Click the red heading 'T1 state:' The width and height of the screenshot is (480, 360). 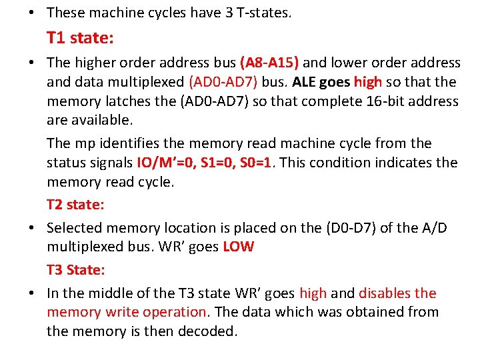coord(80,38)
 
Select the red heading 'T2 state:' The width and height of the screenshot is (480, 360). coord(75,203)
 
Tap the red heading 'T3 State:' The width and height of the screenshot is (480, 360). coord(76,270)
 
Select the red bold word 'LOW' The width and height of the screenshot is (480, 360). coord(238,247)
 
